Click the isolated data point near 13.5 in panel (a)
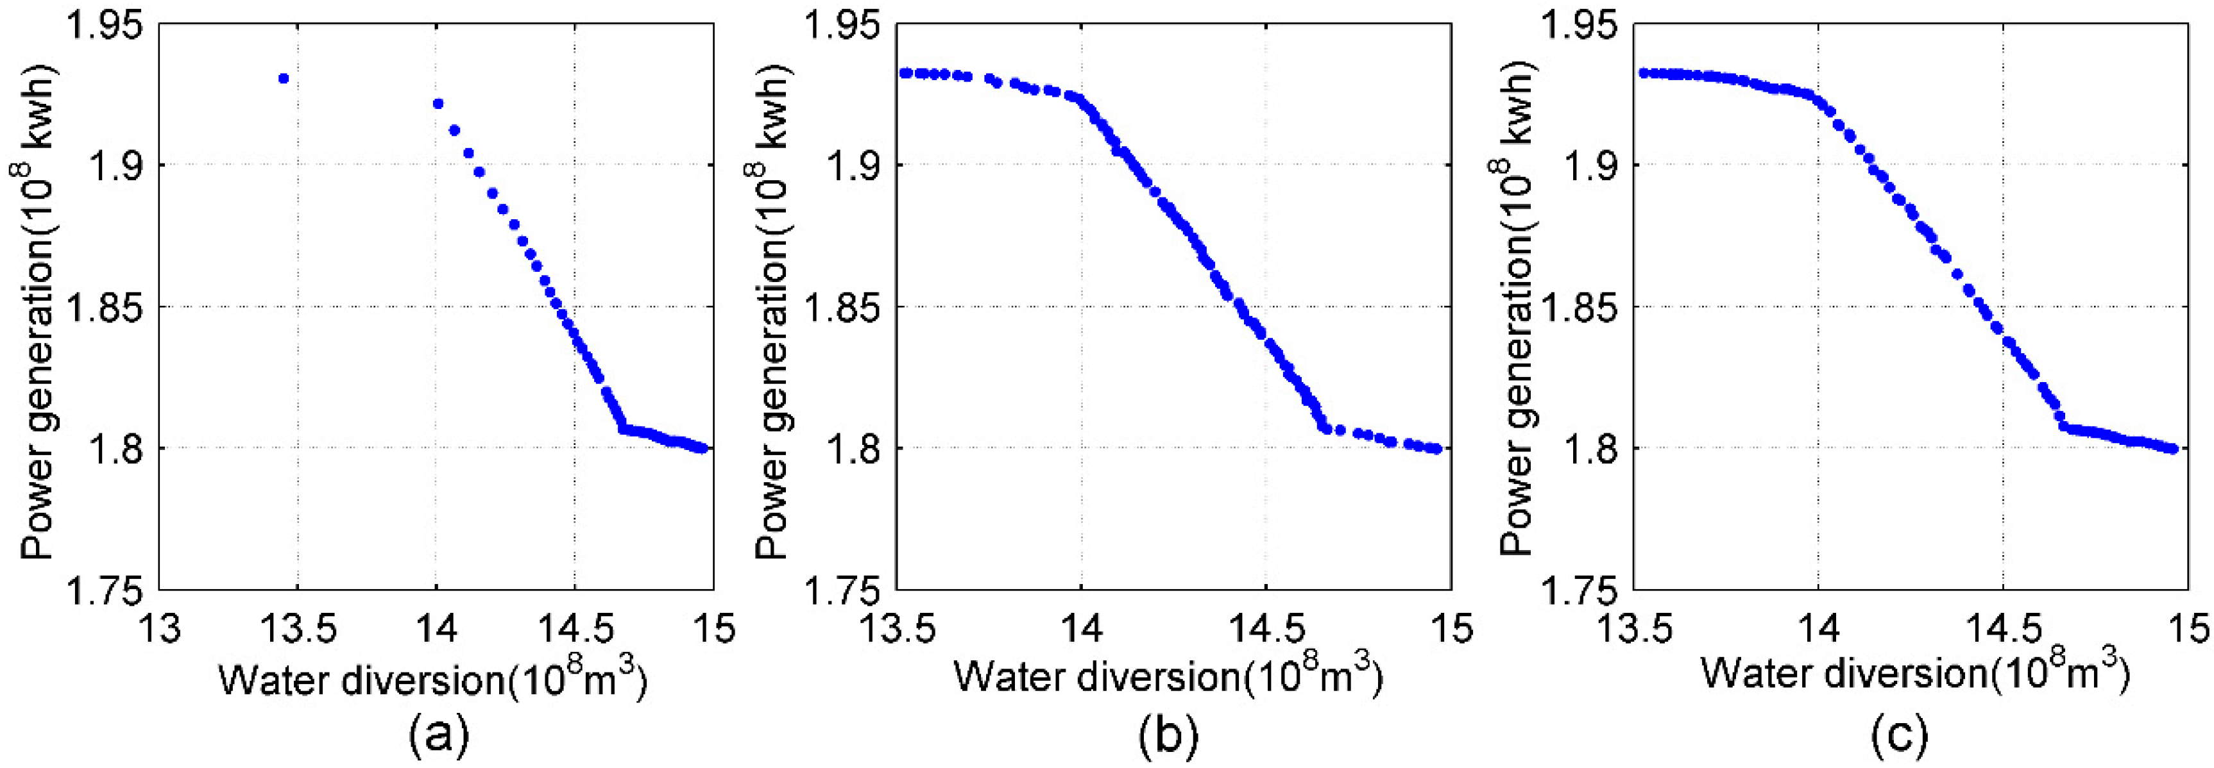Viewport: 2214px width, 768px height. coord(284,78)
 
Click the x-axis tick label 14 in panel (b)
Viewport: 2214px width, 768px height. coord(1080,629)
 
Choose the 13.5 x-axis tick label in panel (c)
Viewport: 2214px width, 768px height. coord(1633,629)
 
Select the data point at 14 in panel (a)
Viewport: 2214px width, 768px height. coord(438,104)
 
